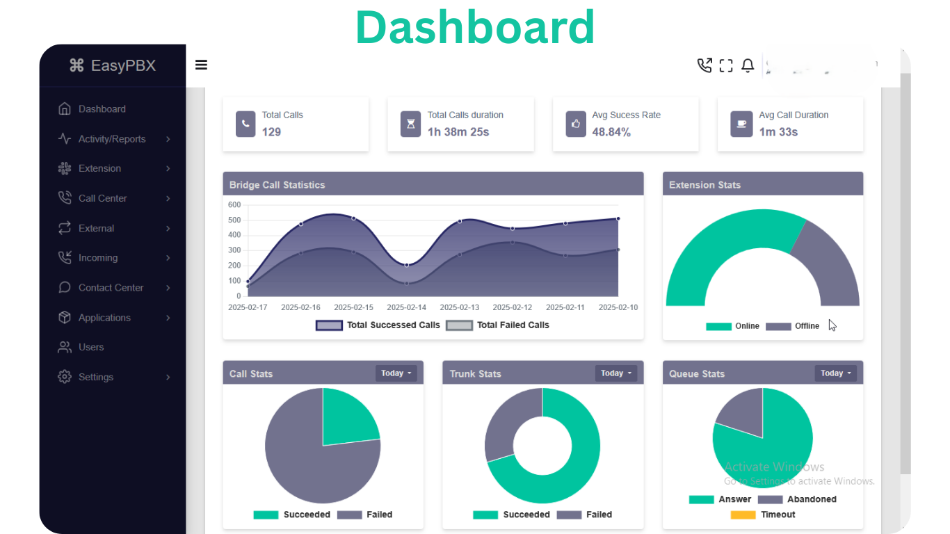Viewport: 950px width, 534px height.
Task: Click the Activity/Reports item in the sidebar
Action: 111,139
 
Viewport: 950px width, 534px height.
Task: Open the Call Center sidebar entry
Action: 102,198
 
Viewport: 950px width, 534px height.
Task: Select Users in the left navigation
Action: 90,347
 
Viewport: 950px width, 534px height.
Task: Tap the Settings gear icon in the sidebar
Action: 65,377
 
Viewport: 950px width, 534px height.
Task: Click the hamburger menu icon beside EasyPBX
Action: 201,65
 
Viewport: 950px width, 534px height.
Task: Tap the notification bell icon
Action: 748,65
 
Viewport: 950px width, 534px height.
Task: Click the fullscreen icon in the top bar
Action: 726,65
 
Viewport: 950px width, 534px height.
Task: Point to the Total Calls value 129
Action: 271,131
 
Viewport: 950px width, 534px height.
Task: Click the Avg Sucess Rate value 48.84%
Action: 611,131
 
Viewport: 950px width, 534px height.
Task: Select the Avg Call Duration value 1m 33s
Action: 778,131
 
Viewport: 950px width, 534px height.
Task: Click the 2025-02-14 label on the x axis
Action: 406,307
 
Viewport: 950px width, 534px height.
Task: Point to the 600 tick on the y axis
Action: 234,205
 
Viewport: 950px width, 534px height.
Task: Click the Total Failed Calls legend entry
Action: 498,325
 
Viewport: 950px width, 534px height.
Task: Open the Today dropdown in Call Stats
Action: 396,373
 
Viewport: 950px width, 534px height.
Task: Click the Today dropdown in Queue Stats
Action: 835,373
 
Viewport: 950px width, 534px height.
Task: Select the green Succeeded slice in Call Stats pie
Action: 348,417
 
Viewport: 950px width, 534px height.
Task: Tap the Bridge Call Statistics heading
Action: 277,185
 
